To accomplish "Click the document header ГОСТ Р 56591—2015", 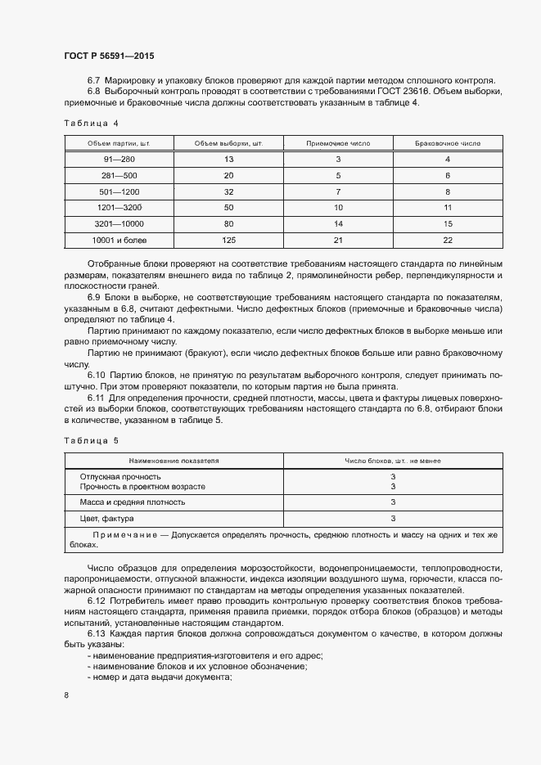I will [109, 56].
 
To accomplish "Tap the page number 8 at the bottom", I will [66, 695].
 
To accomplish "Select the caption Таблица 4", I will [91, 124].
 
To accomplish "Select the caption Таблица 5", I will [91, 440].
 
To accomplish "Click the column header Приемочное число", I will [338, 143].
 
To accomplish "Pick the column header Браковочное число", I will [448, 143].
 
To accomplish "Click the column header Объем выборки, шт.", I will [228, 143].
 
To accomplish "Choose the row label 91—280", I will [119, 160].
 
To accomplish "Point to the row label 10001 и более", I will [119, 240].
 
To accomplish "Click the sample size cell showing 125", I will [228, 240].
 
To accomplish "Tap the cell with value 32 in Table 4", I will [228, 191].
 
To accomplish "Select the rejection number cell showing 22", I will [448, 240].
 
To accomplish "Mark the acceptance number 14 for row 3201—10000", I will [338, 223].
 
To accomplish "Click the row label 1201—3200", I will [119, 208].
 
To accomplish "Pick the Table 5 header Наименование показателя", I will [174, 461].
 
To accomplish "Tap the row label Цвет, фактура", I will [107, 519].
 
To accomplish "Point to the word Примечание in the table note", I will [125, 535].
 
